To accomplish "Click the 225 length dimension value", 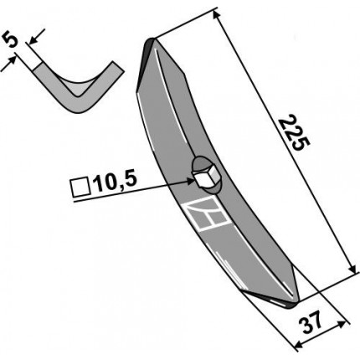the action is click(295, 132).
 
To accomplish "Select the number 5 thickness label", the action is click(11, 40).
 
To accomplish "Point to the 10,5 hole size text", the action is click(116, 184).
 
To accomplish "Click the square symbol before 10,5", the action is click(80, 188).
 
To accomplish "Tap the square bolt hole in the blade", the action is click(206, 178).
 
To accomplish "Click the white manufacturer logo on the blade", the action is click(207, 215).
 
